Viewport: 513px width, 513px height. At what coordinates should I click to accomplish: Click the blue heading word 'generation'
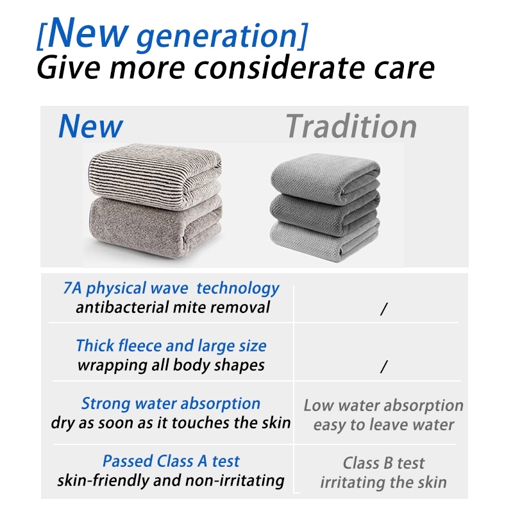217,37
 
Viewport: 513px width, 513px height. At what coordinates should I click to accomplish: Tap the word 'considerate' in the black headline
280,68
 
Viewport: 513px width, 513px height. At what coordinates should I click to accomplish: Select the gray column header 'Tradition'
351,126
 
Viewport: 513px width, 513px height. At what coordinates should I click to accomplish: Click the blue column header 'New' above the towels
90,126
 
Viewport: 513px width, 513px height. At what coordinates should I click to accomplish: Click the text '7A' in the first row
72,288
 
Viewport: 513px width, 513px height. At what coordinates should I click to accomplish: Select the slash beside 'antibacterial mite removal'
384,309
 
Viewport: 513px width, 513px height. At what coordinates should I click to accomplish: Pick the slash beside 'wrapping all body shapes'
384,366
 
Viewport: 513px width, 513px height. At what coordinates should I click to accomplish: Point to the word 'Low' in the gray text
319,405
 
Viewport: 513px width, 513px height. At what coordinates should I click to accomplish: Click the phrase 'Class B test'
383,463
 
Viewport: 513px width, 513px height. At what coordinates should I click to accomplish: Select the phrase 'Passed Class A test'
171,461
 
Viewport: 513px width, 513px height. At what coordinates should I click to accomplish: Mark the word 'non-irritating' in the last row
235,480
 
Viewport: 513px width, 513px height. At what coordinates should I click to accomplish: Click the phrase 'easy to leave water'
383,425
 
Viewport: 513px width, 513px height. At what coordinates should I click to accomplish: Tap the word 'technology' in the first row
238,289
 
